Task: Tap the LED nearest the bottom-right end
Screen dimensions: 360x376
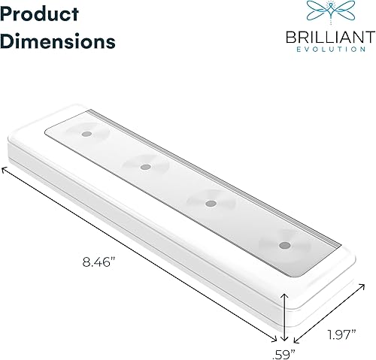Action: pos(283,245)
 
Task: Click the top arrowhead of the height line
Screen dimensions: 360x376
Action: pos(284,295)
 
